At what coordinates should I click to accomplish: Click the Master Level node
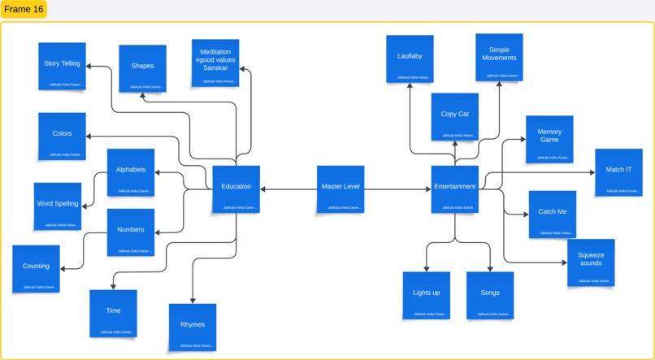[341, 189]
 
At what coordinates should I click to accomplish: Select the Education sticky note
[236, 189]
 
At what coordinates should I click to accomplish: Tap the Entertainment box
[454, 189]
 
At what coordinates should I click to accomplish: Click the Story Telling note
[62, 66]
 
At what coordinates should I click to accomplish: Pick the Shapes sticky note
[142, 67]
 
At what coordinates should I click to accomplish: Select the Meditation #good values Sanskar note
[215, 62]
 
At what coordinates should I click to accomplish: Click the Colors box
[62, 136]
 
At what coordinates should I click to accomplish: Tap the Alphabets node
[130, 172]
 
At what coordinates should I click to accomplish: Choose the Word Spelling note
[57, 206]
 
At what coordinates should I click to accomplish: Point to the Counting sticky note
[36, 268]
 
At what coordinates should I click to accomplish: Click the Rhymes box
[193, 327]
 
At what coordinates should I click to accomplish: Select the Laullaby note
[410, 59]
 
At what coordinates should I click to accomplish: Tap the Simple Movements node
[499, 57]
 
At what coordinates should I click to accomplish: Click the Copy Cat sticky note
[454, 116]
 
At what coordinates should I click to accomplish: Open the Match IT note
[618, 171]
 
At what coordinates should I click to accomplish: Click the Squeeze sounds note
[591, 262]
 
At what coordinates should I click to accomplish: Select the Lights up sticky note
[426, 295]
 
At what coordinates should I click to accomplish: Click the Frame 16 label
[24, 9]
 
